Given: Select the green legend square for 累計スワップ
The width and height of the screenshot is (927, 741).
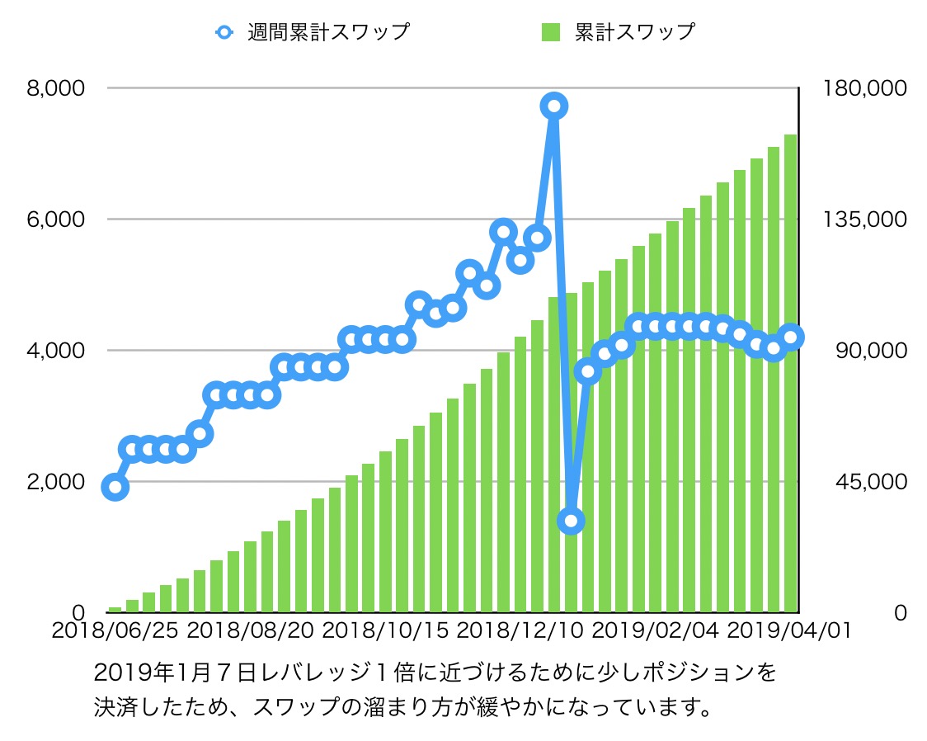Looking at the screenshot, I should click(550, 33).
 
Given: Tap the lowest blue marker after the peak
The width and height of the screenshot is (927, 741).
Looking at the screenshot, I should click(571, 521).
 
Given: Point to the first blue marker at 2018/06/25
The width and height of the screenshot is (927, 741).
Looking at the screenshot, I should click(115, 488).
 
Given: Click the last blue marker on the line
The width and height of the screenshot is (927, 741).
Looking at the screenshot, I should click(791, 337).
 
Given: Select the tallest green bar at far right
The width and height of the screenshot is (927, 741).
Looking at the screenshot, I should click(790, 371).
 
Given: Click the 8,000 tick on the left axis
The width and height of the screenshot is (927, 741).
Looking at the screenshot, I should click(55, 87).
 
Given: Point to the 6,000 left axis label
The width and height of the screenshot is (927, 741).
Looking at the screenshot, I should click(55, 219).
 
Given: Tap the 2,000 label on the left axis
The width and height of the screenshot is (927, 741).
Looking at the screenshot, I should click(55, 481).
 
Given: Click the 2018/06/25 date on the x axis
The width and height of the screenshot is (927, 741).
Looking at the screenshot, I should click(114, 631).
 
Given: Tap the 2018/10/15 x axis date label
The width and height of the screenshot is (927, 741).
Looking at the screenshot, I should click(385, 631).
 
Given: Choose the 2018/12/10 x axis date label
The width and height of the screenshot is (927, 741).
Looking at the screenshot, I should click(520, 631).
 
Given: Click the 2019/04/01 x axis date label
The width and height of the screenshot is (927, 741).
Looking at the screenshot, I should click(790, 631).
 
